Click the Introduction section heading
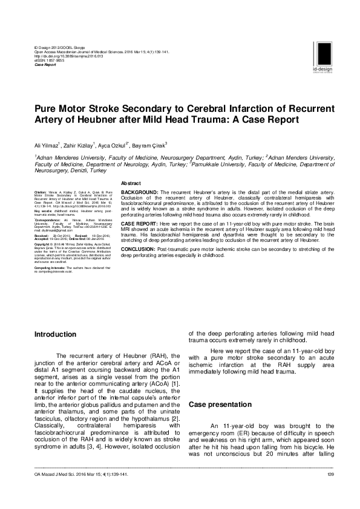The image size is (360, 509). [55, 334]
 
